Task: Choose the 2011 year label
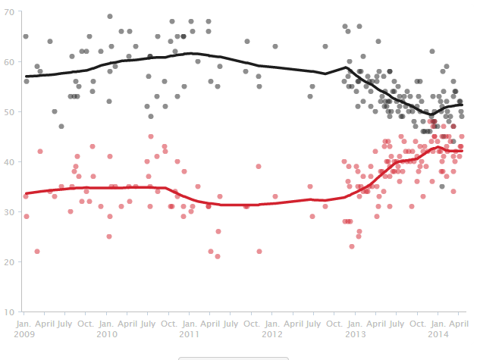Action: coord(190,333)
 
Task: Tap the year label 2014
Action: coord(437,333)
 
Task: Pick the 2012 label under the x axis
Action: coord(272,333)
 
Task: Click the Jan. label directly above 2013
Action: coord(354,322)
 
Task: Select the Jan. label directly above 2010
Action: coord(107,322)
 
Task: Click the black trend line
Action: coord(227,59)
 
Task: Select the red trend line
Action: coord(227,205)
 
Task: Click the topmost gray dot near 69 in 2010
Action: coord(110,16)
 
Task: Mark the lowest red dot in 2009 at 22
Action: coord(36,252)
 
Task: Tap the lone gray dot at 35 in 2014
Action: coord(442,186)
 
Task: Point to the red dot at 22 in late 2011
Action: coord(259,252)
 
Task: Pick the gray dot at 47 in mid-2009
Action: coord(61,127)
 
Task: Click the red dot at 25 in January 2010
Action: coord(109,236)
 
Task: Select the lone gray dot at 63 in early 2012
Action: coord(275,46)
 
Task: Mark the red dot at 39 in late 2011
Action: coord(259,166)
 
